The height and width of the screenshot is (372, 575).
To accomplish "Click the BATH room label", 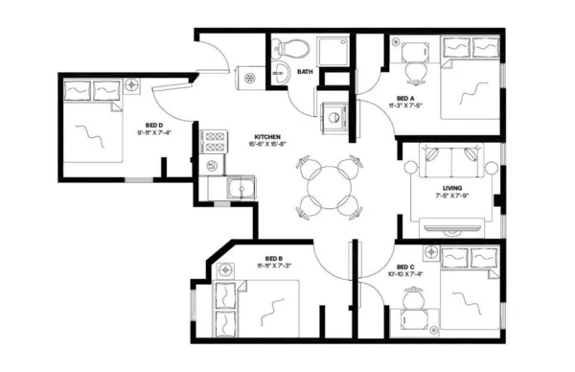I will [x=305, y=72].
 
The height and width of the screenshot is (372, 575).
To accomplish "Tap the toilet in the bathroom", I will [x=290, y=49].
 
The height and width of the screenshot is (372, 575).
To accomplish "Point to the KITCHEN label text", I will [x=267, y=136].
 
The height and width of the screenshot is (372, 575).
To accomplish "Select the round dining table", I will [x=327, y=185].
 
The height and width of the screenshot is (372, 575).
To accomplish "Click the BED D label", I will [x=153, y=125].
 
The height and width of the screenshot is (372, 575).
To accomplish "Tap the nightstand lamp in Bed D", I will [x=131, y=85].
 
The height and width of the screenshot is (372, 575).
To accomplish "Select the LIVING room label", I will [x=452, y=188].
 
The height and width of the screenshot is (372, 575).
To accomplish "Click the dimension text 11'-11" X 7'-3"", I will [x=273, y=266].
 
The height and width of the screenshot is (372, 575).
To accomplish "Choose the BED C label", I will [x=404, y=266].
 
